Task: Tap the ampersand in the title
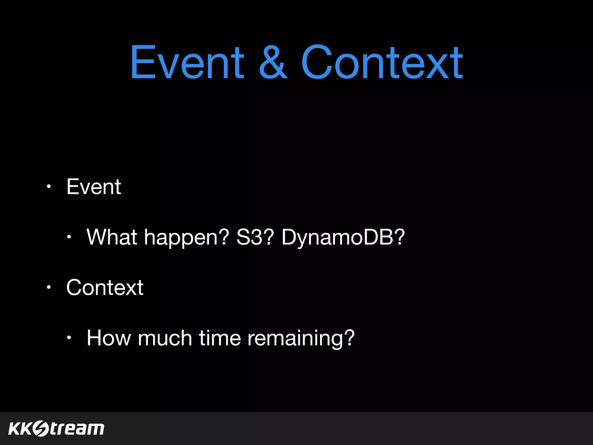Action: [273, 62]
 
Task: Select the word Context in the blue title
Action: [382, 62]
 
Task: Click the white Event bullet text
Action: [94, 187]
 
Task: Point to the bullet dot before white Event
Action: [49, 187]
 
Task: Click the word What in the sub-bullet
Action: [112, 237]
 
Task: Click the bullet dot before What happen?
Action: [69, 237]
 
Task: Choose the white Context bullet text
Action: [105, 288]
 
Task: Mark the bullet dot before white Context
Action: [49, 287]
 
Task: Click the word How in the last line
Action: [109, 338]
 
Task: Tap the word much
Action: [165, 338]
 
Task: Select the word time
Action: [220, 338]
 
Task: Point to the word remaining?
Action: [301, 338]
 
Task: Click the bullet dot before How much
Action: [69, 338]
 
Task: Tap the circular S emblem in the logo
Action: [41, 428]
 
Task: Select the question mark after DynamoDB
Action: [399, 237]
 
